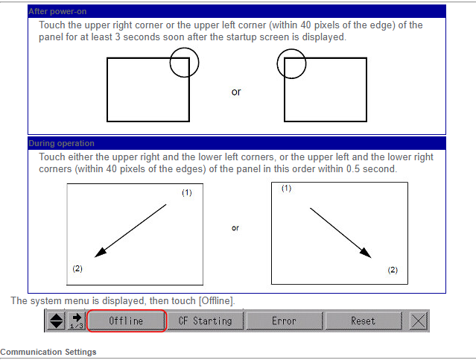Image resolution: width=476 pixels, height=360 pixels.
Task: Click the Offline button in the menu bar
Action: click(x=127, y=320)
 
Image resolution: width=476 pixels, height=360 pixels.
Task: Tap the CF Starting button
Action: click(x=205, y=320)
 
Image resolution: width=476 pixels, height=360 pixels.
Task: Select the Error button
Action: click(x=284, y=320)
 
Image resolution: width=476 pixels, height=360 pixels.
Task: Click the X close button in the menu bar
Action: click(x=419, y=320)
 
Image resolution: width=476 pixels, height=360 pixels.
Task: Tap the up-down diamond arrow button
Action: click(x=56, y=320)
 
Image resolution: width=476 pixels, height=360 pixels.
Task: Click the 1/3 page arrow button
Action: click(x=76, y=320)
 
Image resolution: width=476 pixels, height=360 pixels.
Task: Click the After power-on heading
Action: click(x=57, y=11)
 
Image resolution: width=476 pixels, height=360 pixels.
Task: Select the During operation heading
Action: click(x=61, y=143)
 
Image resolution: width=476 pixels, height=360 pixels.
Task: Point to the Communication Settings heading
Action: click(x=48, y=352)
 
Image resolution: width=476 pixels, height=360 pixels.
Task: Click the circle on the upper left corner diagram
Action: click(x=306, y=64)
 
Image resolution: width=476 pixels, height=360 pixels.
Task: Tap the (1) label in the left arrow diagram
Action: click(x=187, y=192)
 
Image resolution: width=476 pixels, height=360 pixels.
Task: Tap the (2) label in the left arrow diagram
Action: click(x=77, y=268)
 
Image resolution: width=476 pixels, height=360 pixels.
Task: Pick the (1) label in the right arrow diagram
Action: click(x=286, y=189)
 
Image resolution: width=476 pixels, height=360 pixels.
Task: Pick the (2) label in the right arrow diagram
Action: click(x=393, y=270)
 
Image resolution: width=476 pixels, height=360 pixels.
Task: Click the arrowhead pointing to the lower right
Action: click(x=366, y=253)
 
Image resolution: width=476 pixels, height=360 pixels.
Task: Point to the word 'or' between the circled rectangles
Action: click(x=236, y=92)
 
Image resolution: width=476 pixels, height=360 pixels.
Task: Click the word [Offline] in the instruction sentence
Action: click(x=217, y=301)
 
